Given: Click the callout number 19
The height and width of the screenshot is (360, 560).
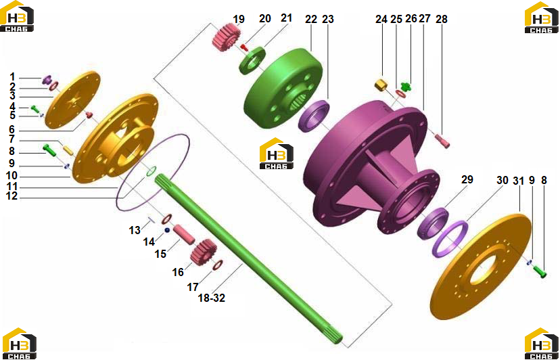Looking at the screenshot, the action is [239, 19].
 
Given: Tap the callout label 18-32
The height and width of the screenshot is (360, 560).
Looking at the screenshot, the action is [212, 298].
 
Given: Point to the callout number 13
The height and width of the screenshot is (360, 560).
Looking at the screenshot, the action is [135, 230].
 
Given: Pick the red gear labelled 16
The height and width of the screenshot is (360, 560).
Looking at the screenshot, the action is [204, 252].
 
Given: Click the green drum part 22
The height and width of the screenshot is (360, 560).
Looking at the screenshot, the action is [283, 88].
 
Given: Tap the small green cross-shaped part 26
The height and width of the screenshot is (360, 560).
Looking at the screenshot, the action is [406, 86].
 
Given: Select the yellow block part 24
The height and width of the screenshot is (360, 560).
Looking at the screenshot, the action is [381, 85].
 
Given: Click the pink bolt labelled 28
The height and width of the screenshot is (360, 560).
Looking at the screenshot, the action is [442, 141].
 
